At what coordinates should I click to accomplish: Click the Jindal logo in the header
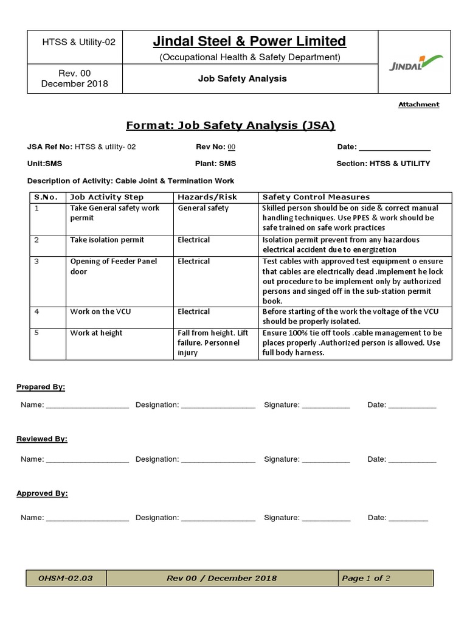(x=416, y=63)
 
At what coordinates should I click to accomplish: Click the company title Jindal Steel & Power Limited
(x=249, y=41)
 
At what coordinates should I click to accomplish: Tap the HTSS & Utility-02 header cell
(x=78, y=42)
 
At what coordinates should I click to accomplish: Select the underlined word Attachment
(x=418, y=105)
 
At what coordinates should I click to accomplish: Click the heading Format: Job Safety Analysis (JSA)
(x=230, y=126)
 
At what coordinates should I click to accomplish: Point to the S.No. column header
(x=46, y=197)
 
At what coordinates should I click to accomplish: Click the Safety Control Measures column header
(x=316, y=197)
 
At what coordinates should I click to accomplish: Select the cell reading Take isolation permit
(x=107, y=240)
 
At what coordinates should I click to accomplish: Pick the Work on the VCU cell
(x=100, y=311)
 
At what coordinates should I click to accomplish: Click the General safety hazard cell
(x=203, y=208)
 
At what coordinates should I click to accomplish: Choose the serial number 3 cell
(x=37, y=262)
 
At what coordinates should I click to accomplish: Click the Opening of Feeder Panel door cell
(x=113, y=266)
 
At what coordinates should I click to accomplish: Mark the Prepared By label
(x=41, y=387)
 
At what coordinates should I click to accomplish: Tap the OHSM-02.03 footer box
(x=66, y=578)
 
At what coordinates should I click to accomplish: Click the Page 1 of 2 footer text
(x=366, y=578)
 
